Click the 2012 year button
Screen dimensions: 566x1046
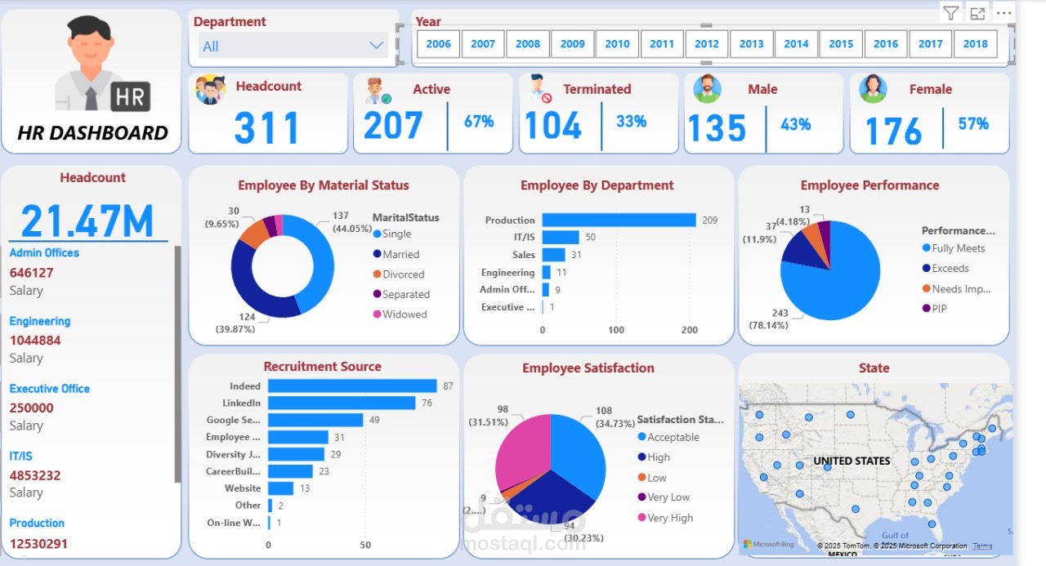pyautogui.click(x=707, y=44)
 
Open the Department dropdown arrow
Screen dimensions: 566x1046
pyautogui.click(x=376, y=46)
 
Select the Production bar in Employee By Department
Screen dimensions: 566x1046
pyautogui.click(x=619, y=221)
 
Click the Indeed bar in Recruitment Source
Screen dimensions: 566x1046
pyautogui.click(x=352, y=386)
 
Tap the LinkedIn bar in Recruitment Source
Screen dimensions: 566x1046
pyautogui.click(x=342, y=403)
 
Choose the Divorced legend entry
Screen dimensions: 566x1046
pyautogui.click(x=403, y=274)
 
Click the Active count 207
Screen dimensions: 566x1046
pyautogui.click(x=393, y=127)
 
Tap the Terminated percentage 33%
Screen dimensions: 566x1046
pyautogui.click(x=631, y=122)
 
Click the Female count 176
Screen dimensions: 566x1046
pyautogui.click(x=893, y=131)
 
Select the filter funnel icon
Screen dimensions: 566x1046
pyautogui.click(x=950, y=13)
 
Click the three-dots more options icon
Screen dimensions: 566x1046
pyautogui.click(x=1004, y=13)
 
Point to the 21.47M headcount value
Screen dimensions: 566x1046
pyautogui.click(x=87, y=221)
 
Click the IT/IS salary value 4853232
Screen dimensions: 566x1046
pyautogui.click(x=35, y=475)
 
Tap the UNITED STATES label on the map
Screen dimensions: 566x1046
pyautogui.click(x=852, y=461)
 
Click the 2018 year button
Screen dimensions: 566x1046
pyautogui.click(x=975, y=44)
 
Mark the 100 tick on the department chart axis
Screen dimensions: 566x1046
pyautogui.click(x=616, y=330)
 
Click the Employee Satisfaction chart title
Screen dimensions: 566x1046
pyautogui.click(x=588, y=368)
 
